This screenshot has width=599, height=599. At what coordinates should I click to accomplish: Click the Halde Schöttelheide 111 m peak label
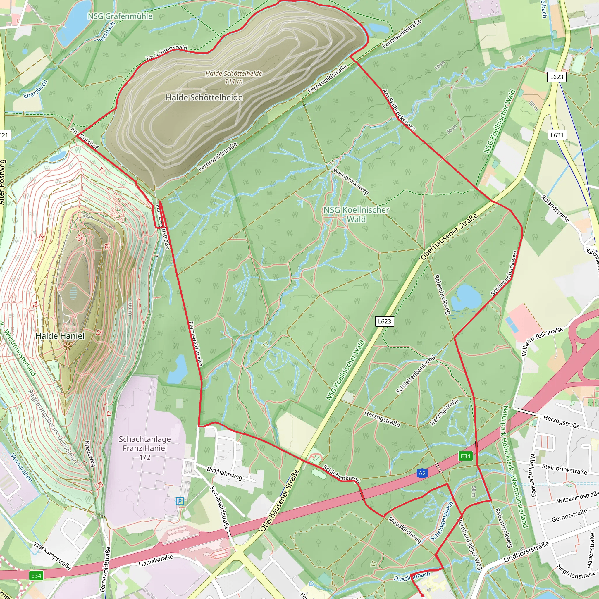(x=233, y=77)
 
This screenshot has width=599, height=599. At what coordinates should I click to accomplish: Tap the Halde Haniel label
(x=60, y=336)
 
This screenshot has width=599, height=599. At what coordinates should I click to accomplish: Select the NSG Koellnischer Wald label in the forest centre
(x=356, y=215)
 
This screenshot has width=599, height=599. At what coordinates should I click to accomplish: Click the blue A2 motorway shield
(x=422, y=473)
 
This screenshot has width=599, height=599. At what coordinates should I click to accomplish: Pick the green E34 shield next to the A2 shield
(x=465, y=456)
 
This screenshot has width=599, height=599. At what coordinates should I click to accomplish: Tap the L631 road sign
(x=557, y=135)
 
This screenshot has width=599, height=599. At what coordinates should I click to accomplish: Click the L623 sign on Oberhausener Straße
(x=384, y=321)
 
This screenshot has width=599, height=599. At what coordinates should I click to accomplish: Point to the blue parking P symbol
(x=180, y=501)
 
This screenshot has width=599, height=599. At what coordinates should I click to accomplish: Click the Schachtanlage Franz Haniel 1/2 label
(x=145, y=448)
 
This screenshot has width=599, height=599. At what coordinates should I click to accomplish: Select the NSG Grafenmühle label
(x=120, y=16)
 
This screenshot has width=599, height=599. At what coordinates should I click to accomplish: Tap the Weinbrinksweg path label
(x=351, y=181)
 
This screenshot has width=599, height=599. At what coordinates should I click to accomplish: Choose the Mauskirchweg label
(x=405, y=530)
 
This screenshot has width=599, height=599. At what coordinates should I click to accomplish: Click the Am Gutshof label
(x=84, y=138)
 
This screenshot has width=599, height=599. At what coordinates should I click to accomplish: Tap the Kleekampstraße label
(x=52, y=556)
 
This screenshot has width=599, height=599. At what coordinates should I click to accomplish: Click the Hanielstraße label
(x=156, y=561)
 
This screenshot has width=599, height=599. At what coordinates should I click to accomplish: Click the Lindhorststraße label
(x=526, y=552)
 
